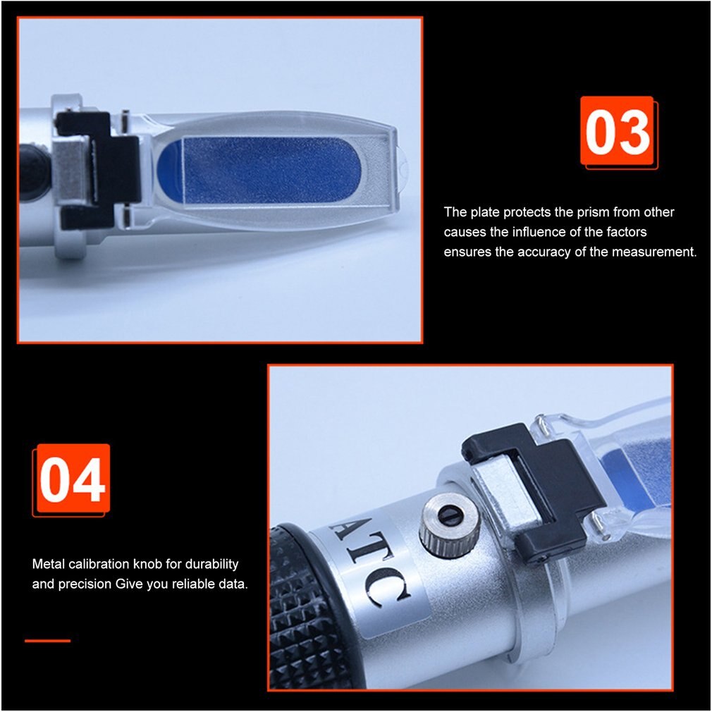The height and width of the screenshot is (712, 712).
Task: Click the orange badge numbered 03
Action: (x=617, y=131)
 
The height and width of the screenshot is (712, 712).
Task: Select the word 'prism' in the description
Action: (x=593, y=212)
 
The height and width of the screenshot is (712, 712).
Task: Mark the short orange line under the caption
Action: (x=48, y=641)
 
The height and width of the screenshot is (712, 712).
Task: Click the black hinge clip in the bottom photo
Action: (x=532, y=487)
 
